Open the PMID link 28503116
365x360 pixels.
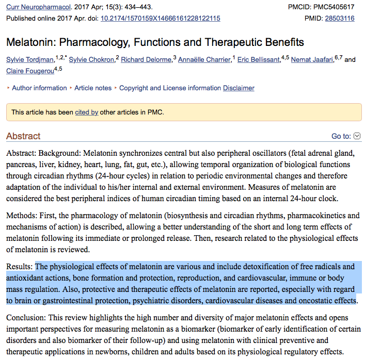(339, 18)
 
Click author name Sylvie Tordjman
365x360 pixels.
(30, 60)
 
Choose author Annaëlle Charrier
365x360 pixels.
(204, 60)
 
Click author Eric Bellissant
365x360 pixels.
(259, 60)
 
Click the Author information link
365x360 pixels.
(39, 88)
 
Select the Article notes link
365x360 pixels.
(93, 88)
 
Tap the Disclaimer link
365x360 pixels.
(239, 88)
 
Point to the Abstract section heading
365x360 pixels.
(23, 136)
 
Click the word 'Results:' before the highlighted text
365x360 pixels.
(20, 267)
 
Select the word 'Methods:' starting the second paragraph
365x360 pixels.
(22, 216)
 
